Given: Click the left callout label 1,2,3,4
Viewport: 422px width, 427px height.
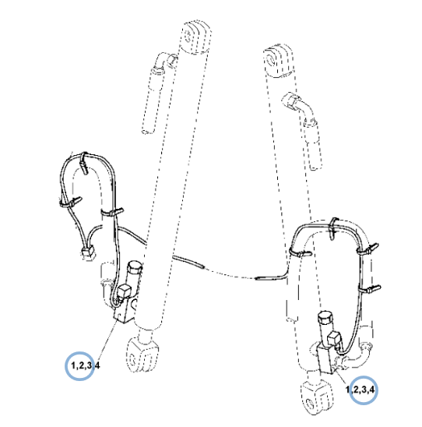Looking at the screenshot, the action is click(86, 365).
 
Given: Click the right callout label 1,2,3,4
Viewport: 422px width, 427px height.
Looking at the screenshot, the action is click(360, 390).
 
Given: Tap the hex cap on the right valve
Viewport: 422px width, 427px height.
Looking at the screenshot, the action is click(325, 317).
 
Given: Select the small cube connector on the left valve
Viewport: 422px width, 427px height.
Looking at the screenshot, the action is click(125, 291).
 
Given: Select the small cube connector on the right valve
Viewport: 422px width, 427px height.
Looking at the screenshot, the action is click(333, 338).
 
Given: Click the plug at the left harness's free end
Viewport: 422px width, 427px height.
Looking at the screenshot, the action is click(88, 252).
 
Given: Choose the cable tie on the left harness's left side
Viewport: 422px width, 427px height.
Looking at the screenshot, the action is click(71, 203).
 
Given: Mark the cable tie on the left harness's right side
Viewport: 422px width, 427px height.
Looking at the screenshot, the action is click(112, 212).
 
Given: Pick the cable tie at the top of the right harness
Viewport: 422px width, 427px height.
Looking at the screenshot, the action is click(333, 228).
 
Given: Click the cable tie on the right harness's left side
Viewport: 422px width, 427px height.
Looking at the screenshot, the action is click(300, 252).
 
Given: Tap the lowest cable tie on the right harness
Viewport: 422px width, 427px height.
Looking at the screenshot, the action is click(370, 288).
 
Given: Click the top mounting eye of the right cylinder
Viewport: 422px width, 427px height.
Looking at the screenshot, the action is click(278, 61).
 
